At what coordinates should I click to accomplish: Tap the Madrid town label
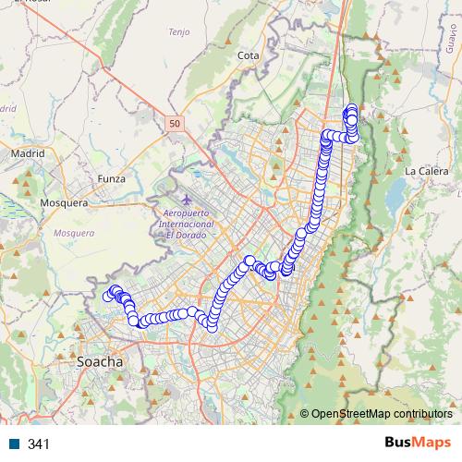pos(27,153)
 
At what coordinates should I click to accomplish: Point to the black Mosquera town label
pos(64,202)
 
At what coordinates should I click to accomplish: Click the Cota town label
pos(248,55)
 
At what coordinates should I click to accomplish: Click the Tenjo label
pos(178,32)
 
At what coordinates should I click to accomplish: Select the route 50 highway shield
pos(176,121)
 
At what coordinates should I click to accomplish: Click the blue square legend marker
pos(14,444)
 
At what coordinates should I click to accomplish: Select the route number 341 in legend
pos(39,444)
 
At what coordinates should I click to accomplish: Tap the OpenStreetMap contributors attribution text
pos(381,413)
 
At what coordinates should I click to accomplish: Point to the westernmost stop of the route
pos(108,296)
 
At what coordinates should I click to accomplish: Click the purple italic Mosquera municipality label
pos(74,233)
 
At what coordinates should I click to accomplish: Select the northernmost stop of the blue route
pos(350,110)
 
